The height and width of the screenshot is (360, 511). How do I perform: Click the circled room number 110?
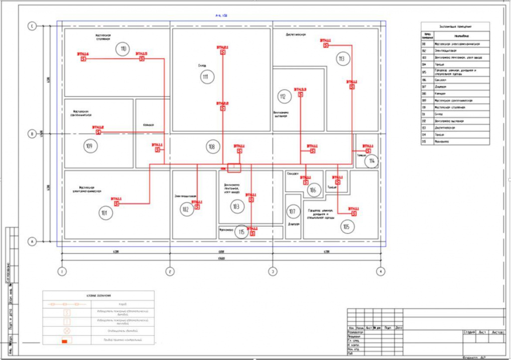pyautogui.click(x=122, y=49)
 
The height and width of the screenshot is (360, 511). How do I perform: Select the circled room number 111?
pyautogui.click(x=205, y=77)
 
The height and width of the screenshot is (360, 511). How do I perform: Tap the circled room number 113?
pyautogui.click(x=341, y=59)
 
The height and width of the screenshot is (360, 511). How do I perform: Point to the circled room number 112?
pyautogui.click(x=282, y=96)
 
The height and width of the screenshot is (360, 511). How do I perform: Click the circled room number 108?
pyautogui.click(x=212, y=147)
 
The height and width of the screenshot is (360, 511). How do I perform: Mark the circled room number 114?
pyautogui.click(x=371, y=161)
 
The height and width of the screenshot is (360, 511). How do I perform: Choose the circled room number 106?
pyautogui.click(x=312, y=190)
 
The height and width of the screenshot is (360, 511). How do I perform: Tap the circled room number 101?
pyautogui.click(x=104, y=213)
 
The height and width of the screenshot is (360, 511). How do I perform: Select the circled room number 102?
pyautogui.click(x=186, y=210)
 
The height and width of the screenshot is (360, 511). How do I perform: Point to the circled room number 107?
pyautogui.click(x=292, y=211)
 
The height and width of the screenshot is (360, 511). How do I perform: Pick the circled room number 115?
pyautogui.click(x=242, y=232)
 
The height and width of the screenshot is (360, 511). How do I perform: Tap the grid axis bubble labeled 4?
pyautogui.click(x=381, y=271)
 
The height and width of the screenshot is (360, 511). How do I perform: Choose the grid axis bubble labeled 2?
pyautogui.click(x=170, y=271)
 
